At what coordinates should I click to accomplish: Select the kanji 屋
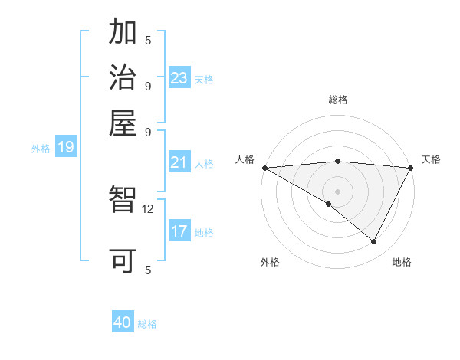(123, 123)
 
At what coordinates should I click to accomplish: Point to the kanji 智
(123, 201)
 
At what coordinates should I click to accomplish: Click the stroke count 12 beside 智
(148, 208)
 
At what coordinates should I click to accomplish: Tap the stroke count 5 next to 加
(148, 40)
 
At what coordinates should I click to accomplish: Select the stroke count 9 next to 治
(148, 85)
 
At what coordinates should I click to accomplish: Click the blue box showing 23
(179, 77)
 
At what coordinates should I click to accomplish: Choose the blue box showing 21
(179, 162)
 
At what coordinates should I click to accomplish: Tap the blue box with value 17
(179, 231)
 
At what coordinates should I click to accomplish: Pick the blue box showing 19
(65, 147)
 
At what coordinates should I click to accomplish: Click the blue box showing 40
(123, 322)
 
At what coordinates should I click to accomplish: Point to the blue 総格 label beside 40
(147, 324)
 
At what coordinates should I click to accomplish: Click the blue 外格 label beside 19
(41, 149)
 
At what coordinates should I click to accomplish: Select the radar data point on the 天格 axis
(411, 168)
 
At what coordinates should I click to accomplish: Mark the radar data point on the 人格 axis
(264, 168)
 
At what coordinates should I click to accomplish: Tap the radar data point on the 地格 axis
(374, 242)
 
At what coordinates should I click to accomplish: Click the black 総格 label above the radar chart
(338, 100)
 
